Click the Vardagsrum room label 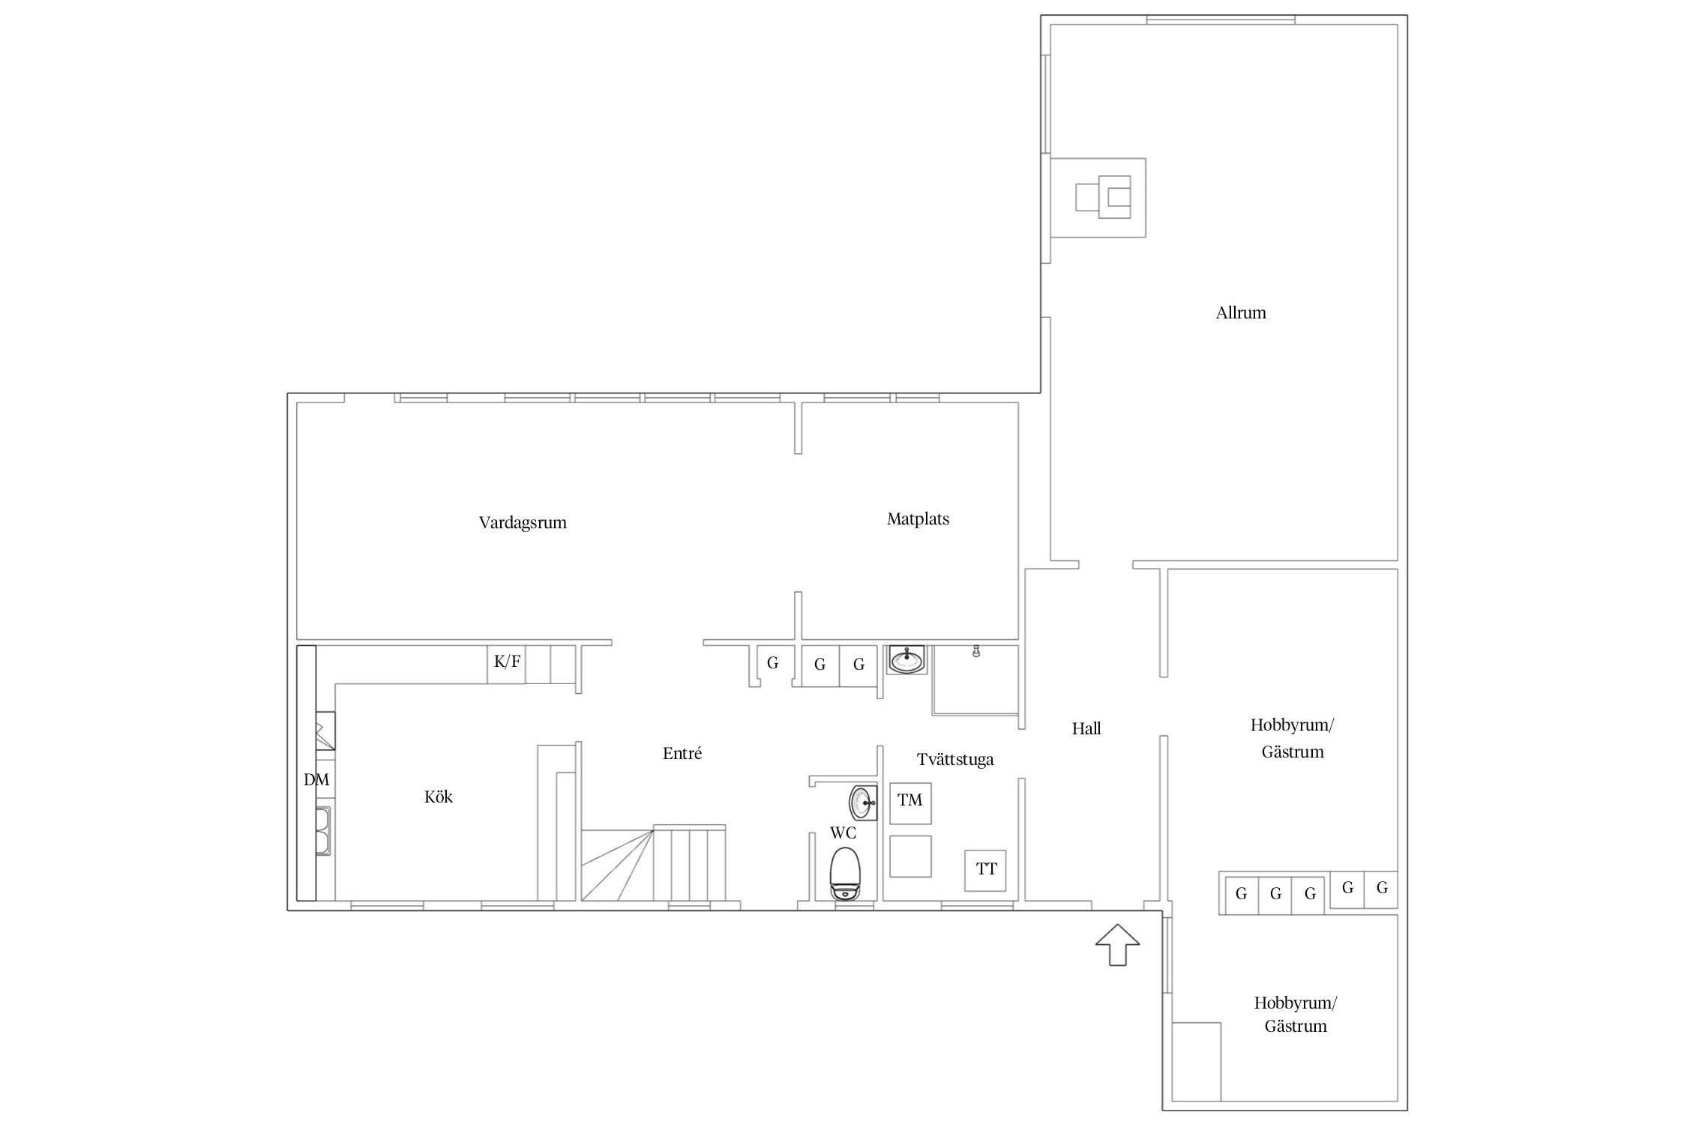pyautogui.click(x=523, y=523)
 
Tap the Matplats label pyautogui.click(x=918, y=519)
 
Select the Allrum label pyautogui.click(x=1241, y=313)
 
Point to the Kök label pyautogui.click(x=439, y=797)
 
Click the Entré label pyautogui.click(x=682, y=753)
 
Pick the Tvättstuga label pyautogui.click(x=955, y=760)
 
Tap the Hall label pyautogui.click(x=1086, y=728)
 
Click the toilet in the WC pyautogui.click(x=846, y=873)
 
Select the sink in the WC pyautogui.click(x=863, y=803)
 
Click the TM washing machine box pyautogui.click(x=910, y=803)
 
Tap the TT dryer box pyautogui.click(x=985, y=870)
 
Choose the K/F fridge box pyautogui.click(x=506, y=664)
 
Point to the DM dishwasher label pyautogui.click(x=316, y=780)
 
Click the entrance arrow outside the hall pyautogui.click(x=1118, y=944)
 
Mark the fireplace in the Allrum pyautogui.click(x=1098, y=198)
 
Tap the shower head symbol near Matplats pyautogui.click(x=976, y=652)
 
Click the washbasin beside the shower pyautogui.click(x=906, y=659)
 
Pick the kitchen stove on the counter pyautogui.click(x=325, y=731)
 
